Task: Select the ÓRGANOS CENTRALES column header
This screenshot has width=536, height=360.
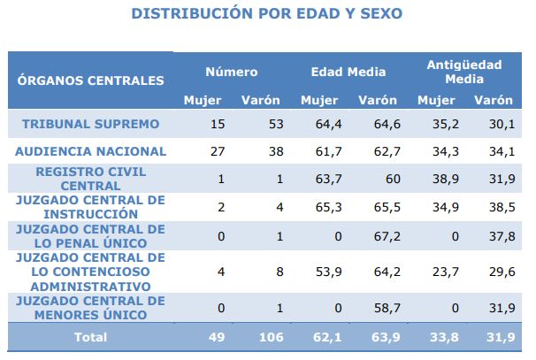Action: [91, 80]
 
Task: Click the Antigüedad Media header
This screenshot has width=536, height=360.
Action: [464, 72]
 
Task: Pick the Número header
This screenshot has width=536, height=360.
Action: [232, 72]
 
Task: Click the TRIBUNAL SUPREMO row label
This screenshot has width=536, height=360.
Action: [91, 123]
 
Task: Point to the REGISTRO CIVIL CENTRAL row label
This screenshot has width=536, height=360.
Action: [91, 179]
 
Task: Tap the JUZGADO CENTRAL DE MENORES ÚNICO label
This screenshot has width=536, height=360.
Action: [91, 308]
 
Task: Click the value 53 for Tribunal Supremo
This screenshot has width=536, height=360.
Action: [275, 123]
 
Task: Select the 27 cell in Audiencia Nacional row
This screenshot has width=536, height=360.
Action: [218, 150]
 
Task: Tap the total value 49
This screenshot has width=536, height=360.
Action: [217, 337]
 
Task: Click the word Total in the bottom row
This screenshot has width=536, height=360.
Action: [91, 337]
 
